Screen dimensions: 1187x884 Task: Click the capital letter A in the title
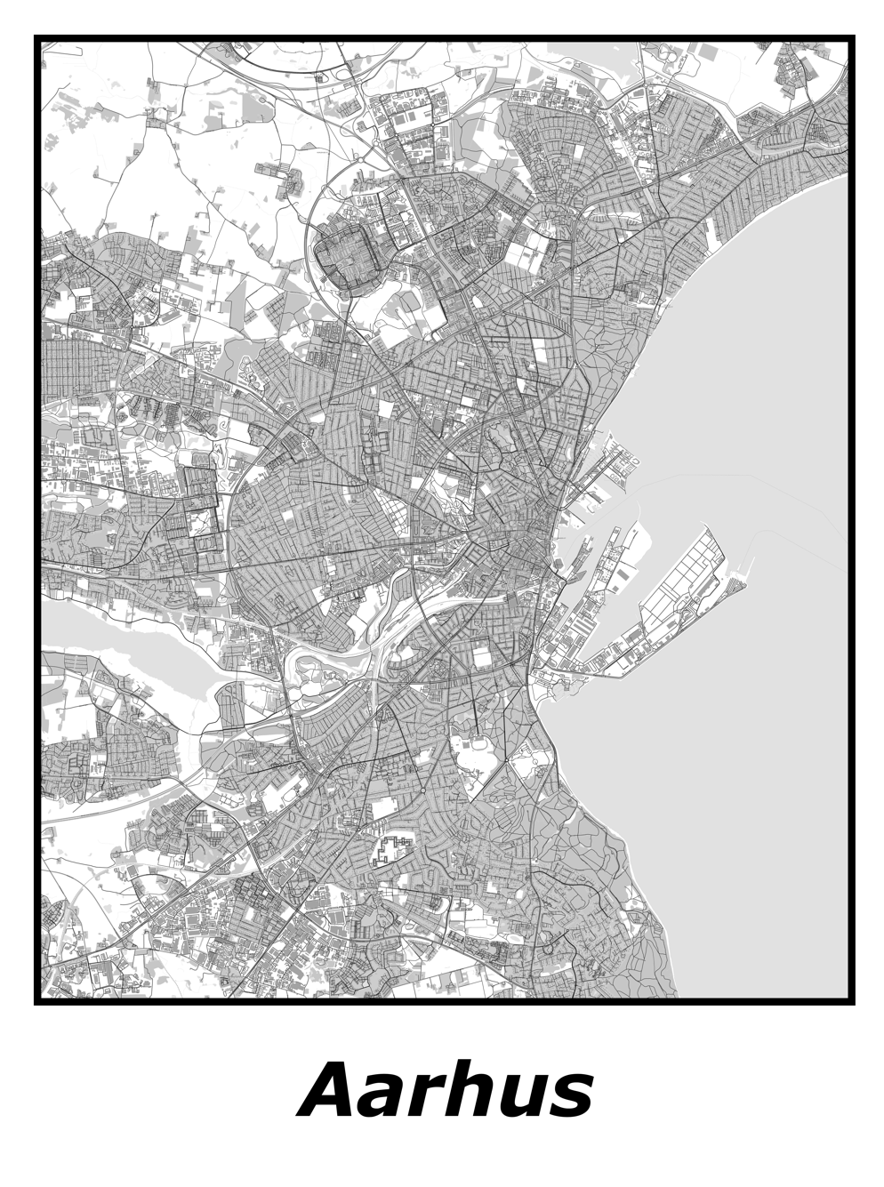(x=333, y=1090)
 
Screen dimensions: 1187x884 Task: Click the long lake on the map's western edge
(x=133, y=632)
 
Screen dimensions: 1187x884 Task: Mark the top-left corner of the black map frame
(x=37, y=38)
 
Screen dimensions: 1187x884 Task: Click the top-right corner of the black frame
(x=851, y=38)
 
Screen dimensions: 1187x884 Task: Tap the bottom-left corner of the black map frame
(x=37, y=1002)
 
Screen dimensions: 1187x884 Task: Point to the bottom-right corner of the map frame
(x=851, y=1002)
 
